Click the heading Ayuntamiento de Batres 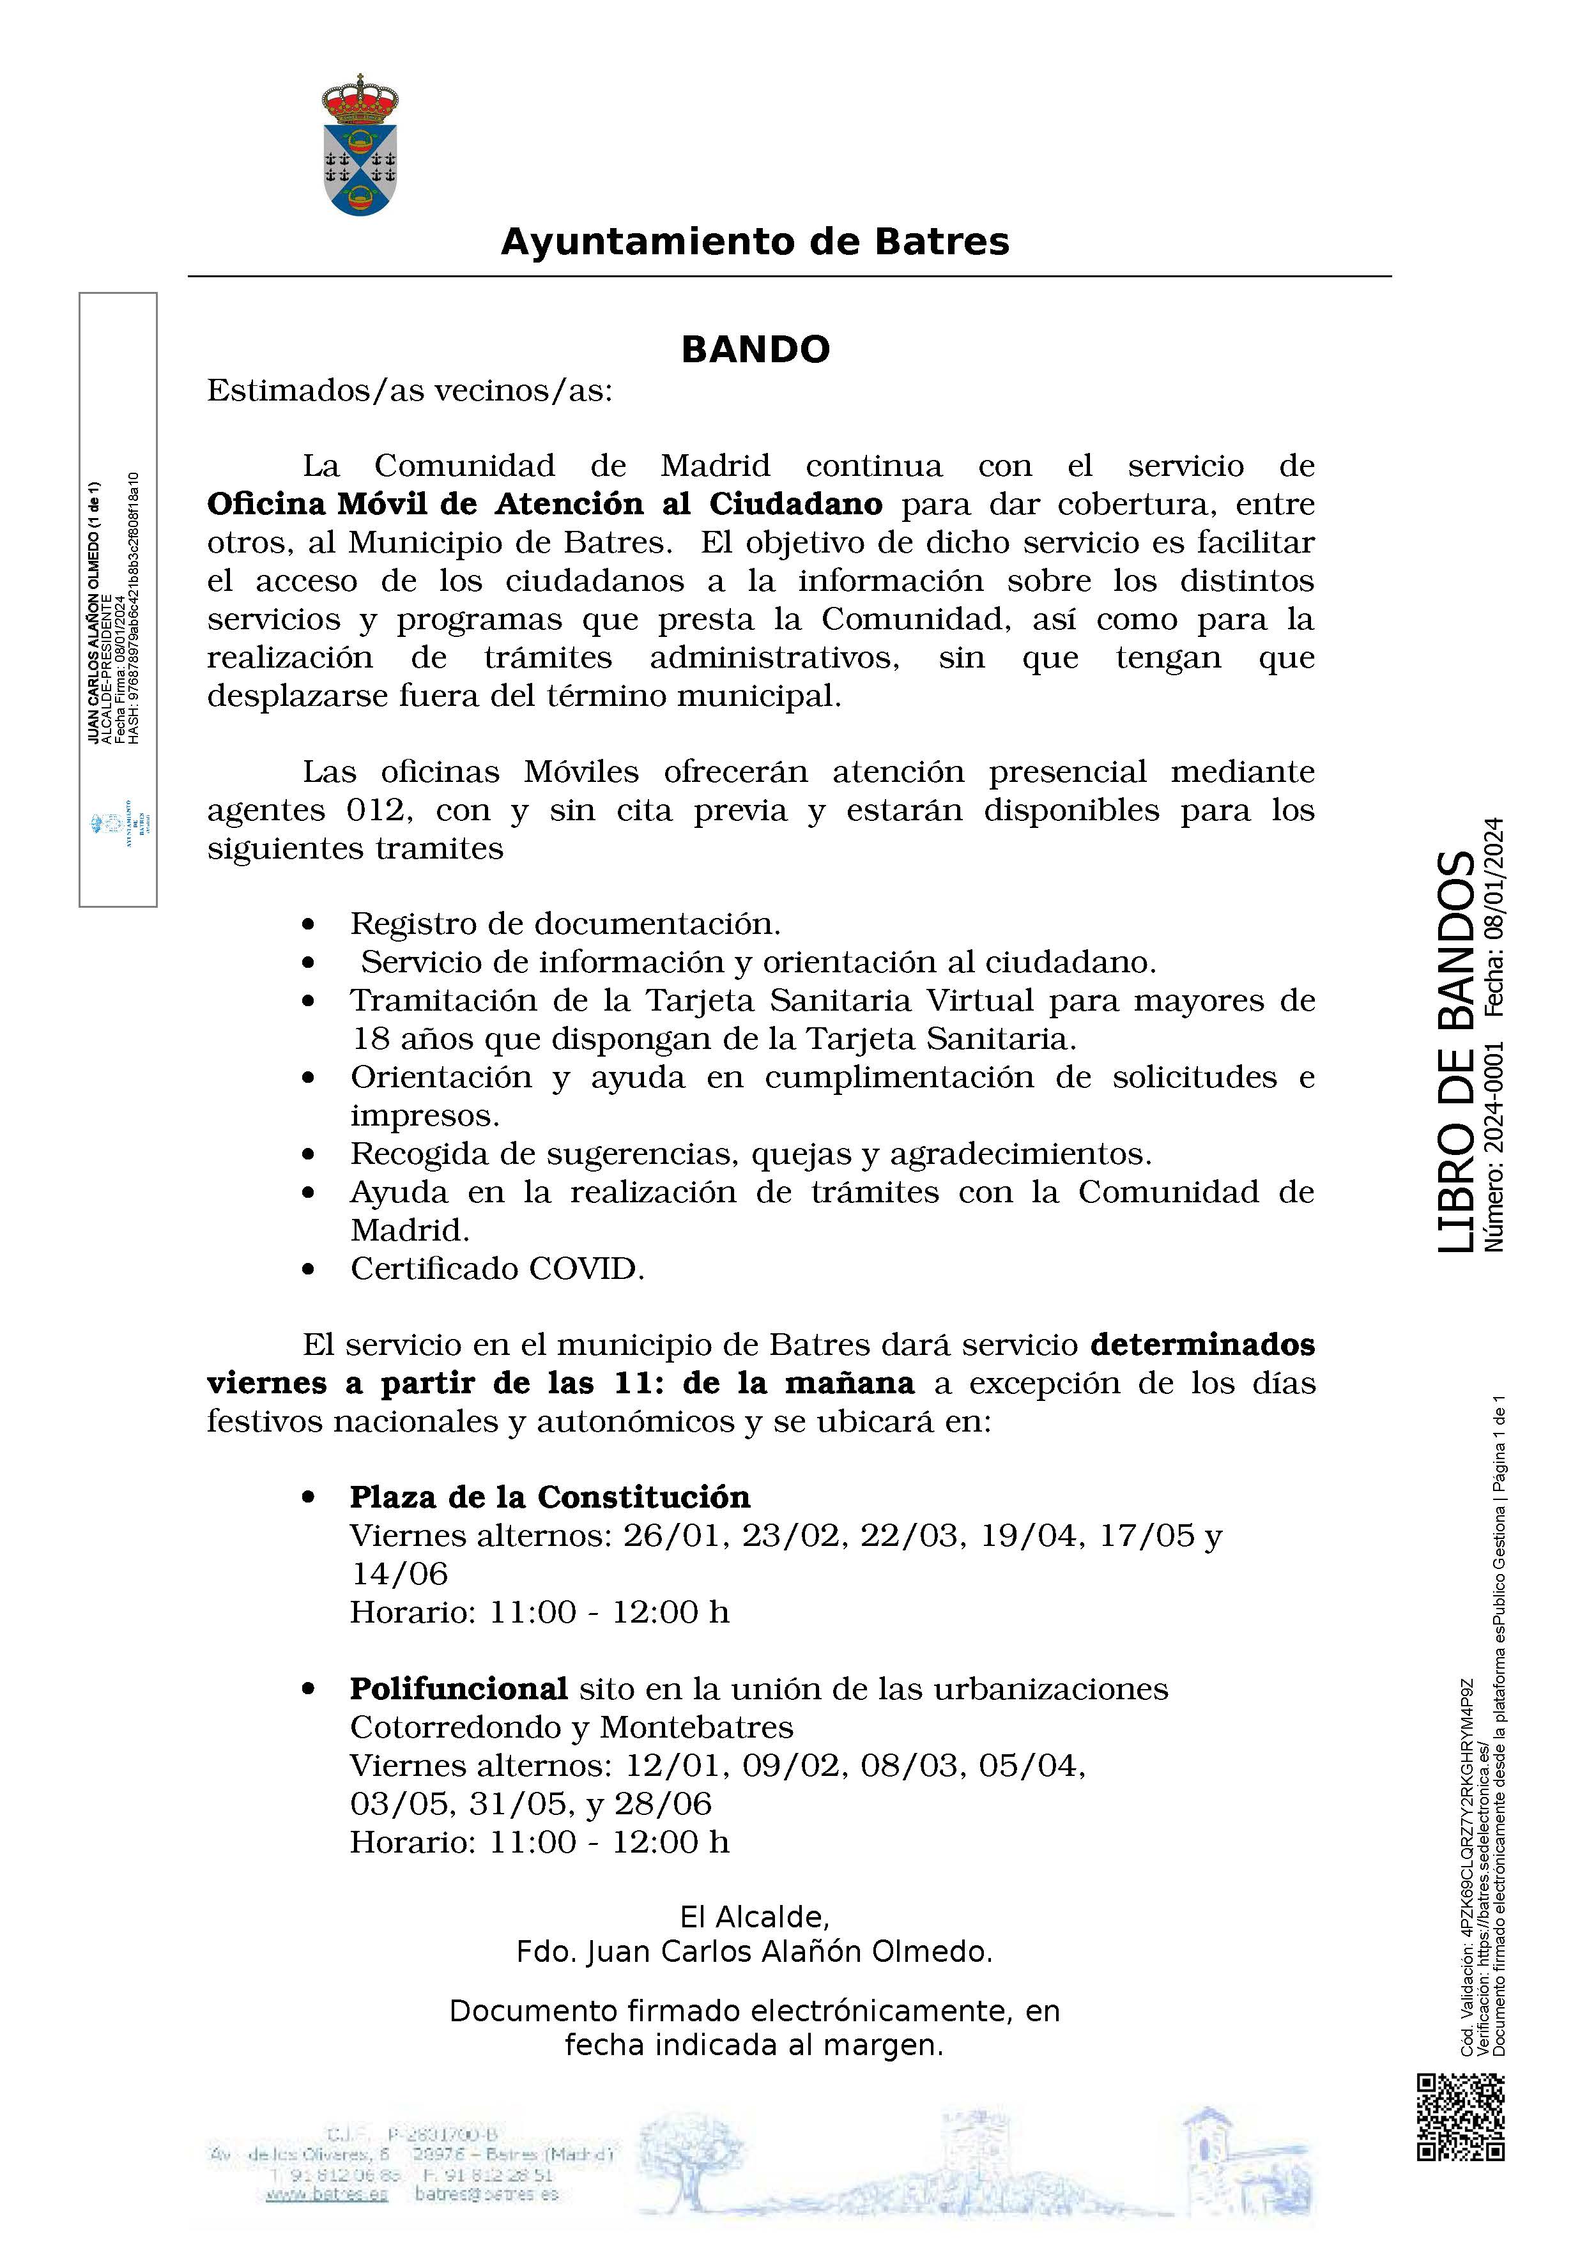tap(755, 241)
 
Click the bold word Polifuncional tap(459, 1688)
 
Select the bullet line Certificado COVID tap(498, 1269)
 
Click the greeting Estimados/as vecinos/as tap(410, 390)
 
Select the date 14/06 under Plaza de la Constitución tap(399, 1573)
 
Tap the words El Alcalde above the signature tap(755, 1917)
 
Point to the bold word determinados tap(1202, 1345)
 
